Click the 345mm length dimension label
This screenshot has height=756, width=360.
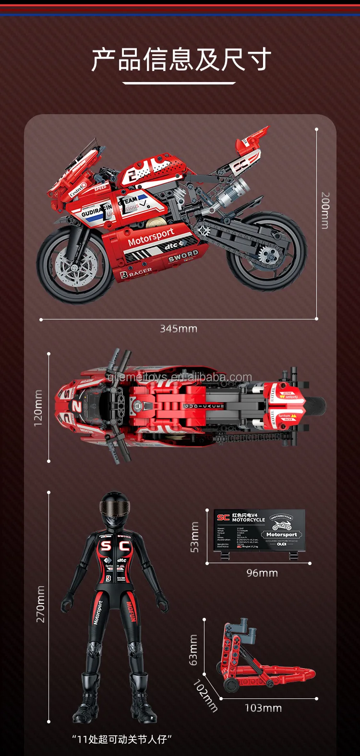pyautogui.click(x=179, y=329)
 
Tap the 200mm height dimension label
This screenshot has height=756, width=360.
pyautogui.click(x=325, y=210)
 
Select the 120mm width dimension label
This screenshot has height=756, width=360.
pyautogui.click(x=38, y=408)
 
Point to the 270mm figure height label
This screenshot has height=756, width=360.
pyautogui.click(x=40, y=604)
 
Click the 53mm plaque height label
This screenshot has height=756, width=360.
pyautogui.click(x=195, y=537)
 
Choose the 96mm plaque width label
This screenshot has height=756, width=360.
pyautogui.click(x=262, y=573)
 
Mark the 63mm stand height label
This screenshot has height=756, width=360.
pyautogui.click(x=193, y=650)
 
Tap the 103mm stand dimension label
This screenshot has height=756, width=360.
pyautogui.click(x=263, y=708)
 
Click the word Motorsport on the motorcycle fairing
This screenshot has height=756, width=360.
pyautogui.click(x=151, y=236)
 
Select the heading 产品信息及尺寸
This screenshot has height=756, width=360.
pyautogui.click(x=181, y=59)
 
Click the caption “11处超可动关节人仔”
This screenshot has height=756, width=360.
pyautogui.click(x=122, y=739)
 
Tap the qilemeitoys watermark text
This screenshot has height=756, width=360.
pyautogui.click(x=180, y=378)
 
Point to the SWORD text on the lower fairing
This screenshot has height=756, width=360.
pyautogui.click(x=183, y=255)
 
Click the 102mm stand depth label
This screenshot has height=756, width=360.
pyautogui.click(x=205, y=696)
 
